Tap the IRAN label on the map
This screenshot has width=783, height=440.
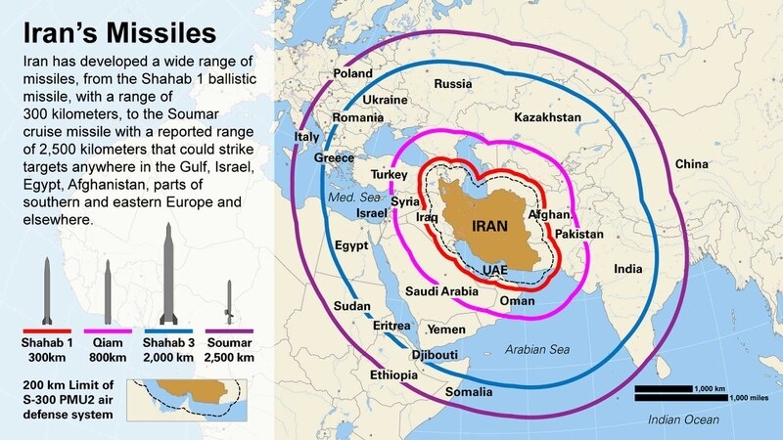tap(489, 226)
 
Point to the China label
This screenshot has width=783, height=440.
tap(691, 163)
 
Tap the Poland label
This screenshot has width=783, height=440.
tap(352, 74)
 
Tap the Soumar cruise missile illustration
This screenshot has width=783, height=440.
tap(229, 302)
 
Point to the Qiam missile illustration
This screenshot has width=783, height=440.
tap(107, 285)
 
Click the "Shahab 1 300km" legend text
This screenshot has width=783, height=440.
tap(46, 350)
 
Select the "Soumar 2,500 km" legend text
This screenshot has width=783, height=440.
tap(229, 350)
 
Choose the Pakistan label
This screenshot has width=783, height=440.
tap(579, 235)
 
